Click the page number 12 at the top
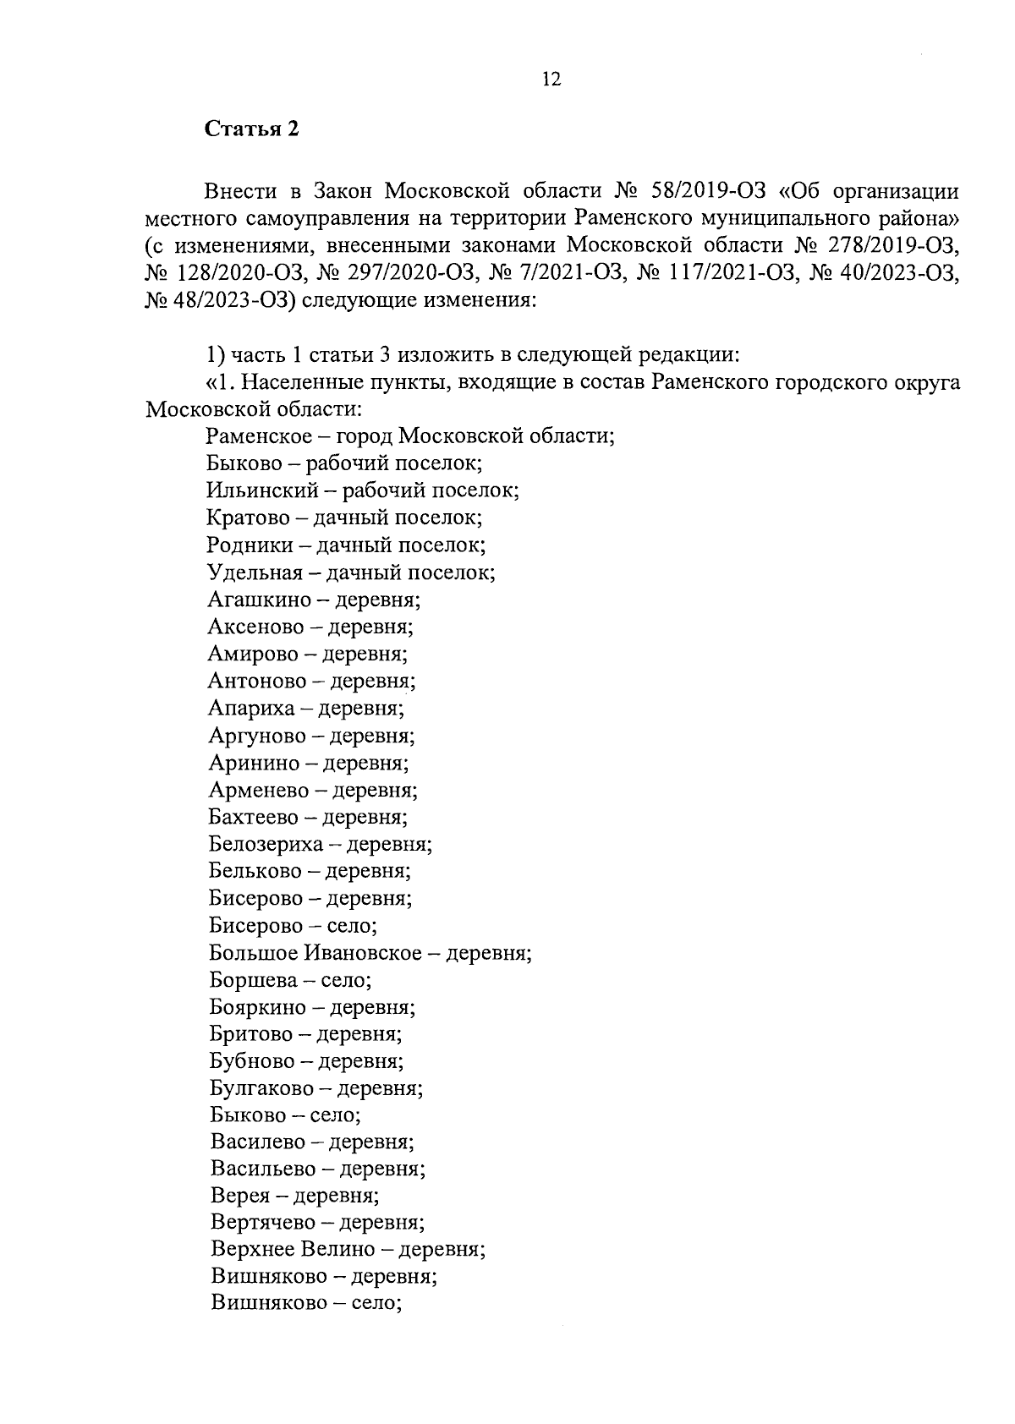click(x=551, y=79)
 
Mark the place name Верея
click(x=239, y=1196)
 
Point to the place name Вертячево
click(x=262, y=1223)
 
